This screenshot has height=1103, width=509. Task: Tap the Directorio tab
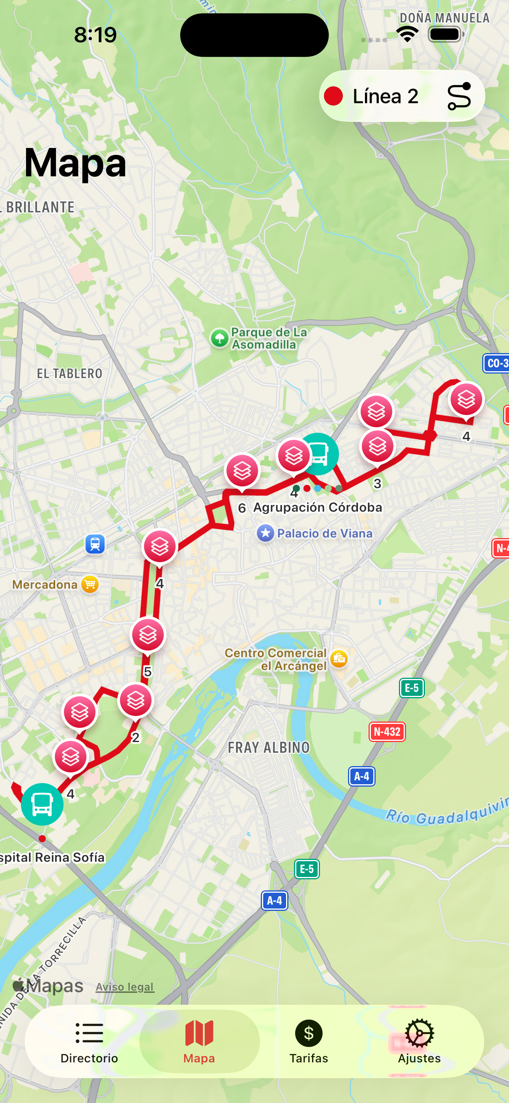click(89, 1041)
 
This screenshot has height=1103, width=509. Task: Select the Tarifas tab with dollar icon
click(309, 1041)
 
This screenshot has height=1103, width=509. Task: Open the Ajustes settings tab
click(419, 1041)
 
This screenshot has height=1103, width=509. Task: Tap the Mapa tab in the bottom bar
click(199, 1041)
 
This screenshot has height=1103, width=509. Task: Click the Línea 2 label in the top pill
click(385, 96)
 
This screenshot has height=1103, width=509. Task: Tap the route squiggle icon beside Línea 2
click(459, 96)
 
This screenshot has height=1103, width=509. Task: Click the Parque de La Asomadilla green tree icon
click(220, 338)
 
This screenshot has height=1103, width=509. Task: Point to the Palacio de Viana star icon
click(265, 533)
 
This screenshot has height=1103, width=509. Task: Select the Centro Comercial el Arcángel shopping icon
click(339, 658)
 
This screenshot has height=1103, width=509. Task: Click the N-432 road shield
click(387, 731)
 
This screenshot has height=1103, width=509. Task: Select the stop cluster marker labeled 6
click(242, 471)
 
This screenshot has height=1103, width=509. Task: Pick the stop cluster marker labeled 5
click(148, 635)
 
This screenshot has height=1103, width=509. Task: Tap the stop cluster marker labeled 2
click(135, 701)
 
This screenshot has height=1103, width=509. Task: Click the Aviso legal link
click(125, 987)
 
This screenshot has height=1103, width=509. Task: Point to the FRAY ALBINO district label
click(268, 748)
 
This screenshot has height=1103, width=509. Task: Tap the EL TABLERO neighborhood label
click(69, 373)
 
